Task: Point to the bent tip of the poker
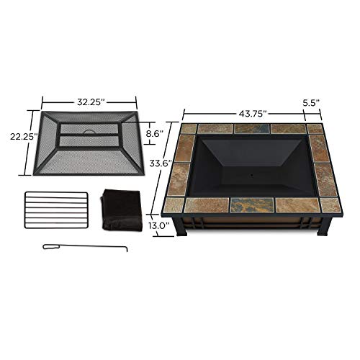pyautogui.click(x=128, y=251)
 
